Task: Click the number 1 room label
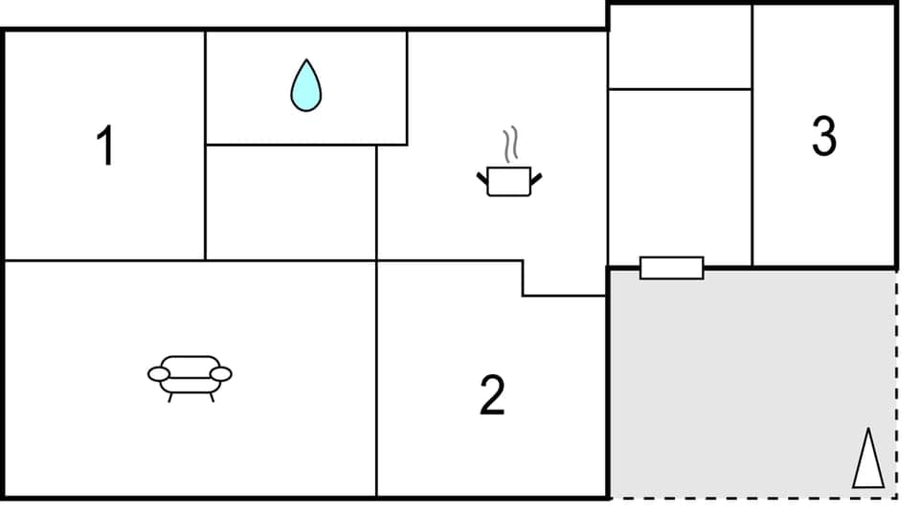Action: tap(105, 147)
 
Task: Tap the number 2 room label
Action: tap(492, 394)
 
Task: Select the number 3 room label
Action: tap(823, 136)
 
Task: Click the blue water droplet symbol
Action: tap(306, 86)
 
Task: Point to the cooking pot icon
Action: tap(508, 181)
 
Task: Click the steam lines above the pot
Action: tap(513, 144)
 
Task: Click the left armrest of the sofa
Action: tap(159, 373)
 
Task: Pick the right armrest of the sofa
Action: tap(220, 373)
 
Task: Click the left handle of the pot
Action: tap(482, 177)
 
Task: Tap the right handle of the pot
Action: tap(535, 177)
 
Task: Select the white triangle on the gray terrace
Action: tap(868, 460)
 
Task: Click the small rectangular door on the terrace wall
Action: tap(671, 268)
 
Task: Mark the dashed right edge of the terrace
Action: tap(896, 383)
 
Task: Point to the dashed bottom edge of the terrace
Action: tap(751, 498)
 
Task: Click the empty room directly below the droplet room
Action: tap(291, 202)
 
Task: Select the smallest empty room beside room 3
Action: tap(680, 46)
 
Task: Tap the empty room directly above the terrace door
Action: tap(680, 177)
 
